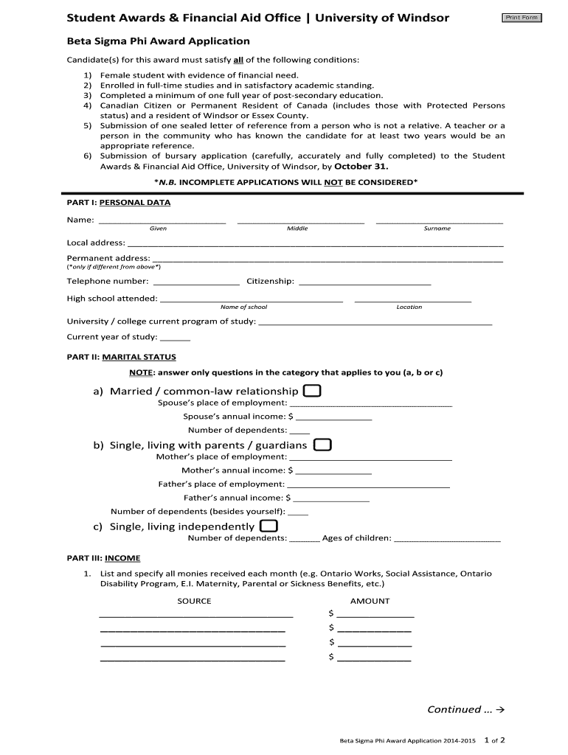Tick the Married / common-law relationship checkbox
click(312, 391)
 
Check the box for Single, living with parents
click(322, 445)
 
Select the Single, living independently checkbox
click(269, 526)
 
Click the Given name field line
click(162, 220)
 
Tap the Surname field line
click(439, 220)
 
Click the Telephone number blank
click(195, 282)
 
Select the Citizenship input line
click(364, 282)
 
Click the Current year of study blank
click(175, 338)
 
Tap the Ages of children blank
click(448, 540)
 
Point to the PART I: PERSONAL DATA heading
click(119, 202)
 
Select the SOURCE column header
click(194, 601)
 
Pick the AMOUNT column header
click(370, 601)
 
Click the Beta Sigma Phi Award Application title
click(159, 41)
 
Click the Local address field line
click(315, 244)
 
